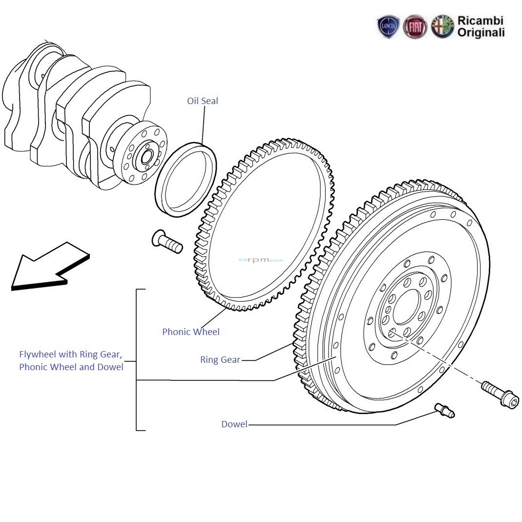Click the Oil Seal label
coord(203,101)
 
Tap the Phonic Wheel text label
coord(190,332)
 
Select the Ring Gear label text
coord(220,360)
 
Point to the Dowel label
coord(234,424)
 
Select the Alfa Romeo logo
coord(442,26)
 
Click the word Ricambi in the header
coord(480,21)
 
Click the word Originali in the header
coord(480,33)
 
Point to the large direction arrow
coord(49,267)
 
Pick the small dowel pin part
coord(444,411)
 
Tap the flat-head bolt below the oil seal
coord(167,242)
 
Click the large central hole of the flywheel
coord(406,307)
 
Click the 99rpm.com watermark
coord(260,260)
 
